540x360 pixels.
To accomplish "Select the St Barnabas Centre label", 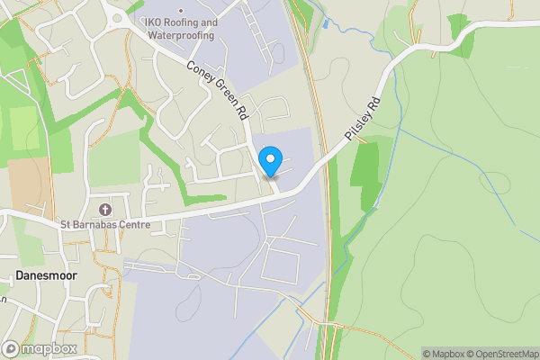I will [x=105, y=224].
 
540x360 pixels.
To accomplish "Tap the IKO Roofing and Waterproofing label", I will [x=180, y=29].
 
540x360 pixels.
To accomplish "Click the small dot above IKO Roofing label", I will [x=180, y=12].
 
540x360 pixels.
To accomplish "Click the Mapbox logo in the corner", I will [x=40, y=348].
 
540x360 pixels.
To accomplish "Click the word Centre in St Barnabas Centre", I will [x=132, y=224].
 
